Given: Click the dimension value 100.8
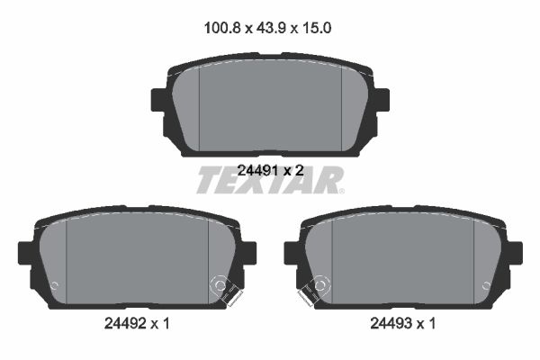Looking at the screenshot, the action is tap(221, 28).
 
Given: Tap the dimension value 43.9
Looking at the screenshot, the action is tap(271, 28).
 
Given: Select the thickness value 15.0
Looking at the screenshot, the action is tap(317, 28).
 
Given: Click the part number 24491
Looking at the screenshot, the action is tap(258, 170).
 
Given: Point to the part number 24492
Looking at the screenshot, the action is tap(125, 323).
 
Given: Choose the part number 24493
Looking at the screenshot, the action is tap(391, 323).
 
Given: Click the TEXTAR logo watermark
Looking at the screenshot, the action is tap(270, 180).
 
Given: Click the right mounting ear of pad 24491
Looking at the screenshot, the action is tap(382, 100).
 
